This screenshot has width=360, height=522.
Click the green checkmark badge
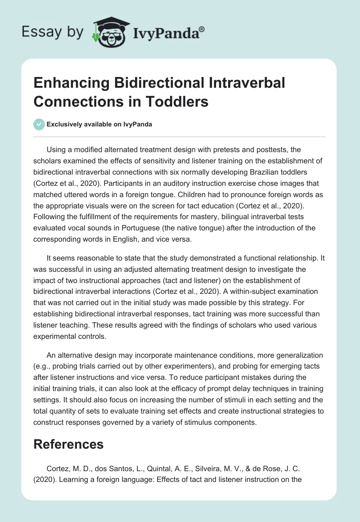click(x=39, y=124)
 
